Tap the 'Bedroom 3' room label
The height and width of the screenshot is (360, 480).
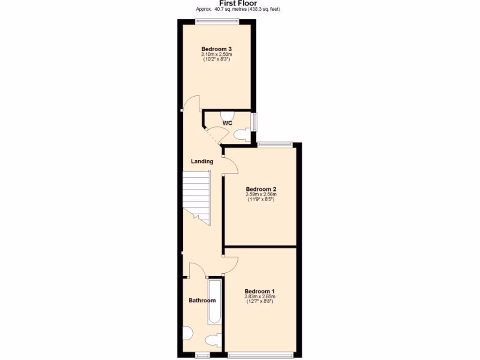click(217, 49)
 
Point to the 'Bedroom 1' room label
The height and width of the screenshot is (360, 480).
click(260, 291)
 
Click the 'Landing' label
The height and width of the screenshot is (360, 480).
click(202, 161)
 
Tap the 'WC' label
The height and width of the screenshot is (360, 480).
click(227, 123)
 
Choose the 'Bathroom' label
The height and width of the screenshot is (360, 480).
click(202, 300)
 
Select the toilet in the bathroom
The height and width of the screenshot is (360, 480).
click(214, 339)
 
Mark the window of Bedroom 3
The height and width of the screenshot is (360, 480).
click(217, 20)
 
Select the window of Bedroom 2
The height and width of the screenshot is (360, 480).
click(275, 144)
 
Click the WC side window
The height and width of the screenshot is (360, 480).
click(254, 122)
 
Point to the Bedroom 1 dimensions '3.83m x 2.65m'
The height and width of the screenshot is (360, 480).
click(260, 296)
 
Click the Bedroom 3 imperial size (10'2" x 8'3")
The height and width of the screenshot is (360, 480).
click(217, 60)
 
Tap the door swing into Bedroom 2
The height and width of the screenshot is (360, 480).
click(231, 164)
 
